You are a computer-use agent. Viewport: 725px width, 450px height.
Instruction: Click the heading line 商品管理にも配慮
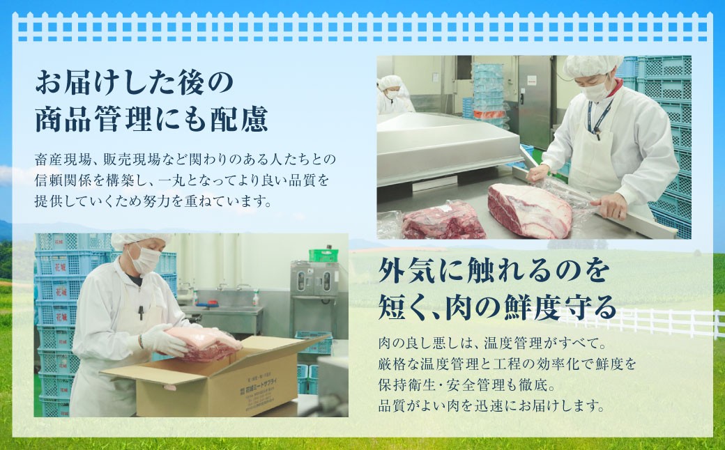151,120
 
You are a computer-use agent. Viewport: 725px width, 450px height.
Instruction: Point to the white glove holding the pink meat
160,340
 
